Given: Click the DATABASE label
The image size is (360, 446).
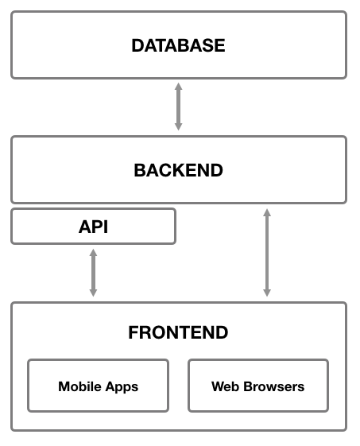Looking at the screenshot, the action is click(x=178, y=45).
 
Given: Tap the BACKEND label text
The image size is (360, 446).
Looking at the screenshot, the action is click(x=178, y=170).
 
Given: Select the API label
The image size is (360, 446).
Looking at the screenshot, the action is click(x=93, y=227).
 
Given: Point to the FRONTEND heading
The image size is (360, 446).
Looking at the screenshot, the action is click(x=178, y=332).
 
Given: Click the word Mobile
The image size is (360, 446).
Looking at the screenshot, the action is click(x=80, y=386).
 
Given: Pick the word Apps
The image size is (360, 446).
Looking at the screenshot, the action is click(x=122, y=387).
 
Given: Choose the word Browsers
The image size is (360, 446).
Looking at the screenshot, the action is click(x=274, y=386).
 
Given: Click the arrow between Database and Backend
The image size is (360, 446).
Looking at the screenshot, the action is click(x=178, y=107).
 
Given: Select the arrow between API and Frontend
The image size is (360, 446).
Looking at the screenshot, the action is click(x=93, y=273).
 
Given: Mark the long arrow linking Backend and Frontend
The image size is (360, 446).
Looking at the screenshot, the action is click(x=267, y=253).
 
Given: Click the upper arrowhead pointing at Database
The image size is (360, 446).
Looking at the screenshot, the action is click(x=178, y=87).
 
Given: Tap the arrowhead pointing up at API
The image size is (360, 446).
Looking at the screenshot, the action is click(x=93, y=253).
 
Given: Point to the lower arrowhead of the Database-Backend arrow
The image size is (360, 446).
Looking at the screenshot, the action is click(x=178, y=127).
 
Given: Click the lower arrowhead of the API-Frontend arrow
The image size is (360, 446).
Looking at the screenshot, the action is click(x=93, y=293).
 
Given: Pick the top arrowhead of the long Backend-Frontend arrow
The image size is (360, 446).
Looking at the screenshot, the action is click(x=267, y=212).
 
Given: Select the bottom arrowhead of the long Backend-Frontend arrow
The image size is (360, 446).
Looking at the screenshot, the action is click(x=267, y=293).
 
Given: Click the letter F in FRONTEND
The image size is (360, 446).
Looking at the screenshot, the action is click(x=134, y=332).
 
